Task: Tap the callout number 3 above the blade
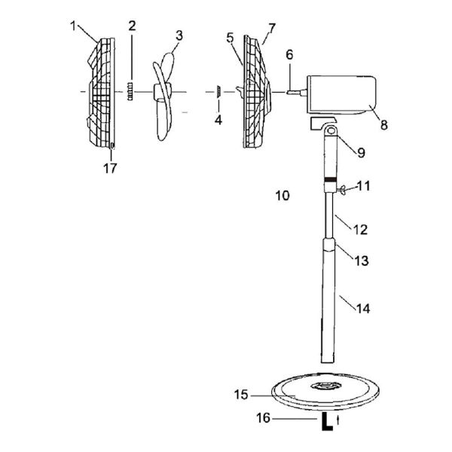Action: coord(179,35)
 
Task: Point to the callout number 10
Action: coord(282,196)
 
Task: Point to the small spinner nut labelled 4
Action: coord(217,92)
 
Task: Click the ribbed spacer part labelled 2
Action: coord(131,92)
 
